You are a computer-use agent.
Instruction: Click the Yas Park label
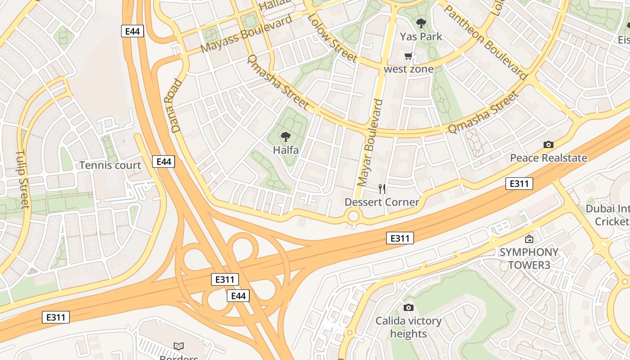point(421,36)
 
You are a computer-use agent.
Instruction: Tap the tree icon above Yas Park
point(421,23)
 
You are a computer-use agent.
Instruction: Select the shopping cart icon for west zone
point(408,56)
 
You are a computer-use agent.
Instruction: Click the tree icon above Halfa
point(285,137)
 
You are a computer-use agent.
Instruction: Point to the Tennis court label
point(110,165)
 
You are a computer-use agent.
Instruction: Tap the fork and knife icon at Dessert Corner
point(382,189)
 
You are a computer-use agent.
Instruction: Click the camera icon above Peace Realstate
point(548,144)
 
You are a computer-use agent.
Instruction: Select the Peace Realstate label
point(548,158)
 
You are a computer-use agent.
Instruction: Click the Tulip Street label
point(22,179)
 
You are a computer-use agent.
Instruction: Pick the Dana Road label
point(176,106)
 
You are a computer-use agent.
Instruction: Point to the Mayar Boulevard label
point(370,143)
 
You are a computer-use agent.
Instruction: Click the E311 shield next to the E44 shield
point(225,279)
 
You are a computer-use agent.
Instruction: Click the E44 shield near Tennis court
point(163,162)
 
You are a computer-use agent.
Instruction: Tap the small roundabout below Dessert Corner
point(354,216)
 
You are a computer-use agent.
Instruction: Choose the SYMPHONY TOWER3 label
point(529,258)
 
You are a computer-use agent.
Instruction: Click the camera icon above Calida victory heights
point(409,307)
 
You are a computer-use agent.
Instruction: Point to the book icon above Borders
point(179,346)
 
